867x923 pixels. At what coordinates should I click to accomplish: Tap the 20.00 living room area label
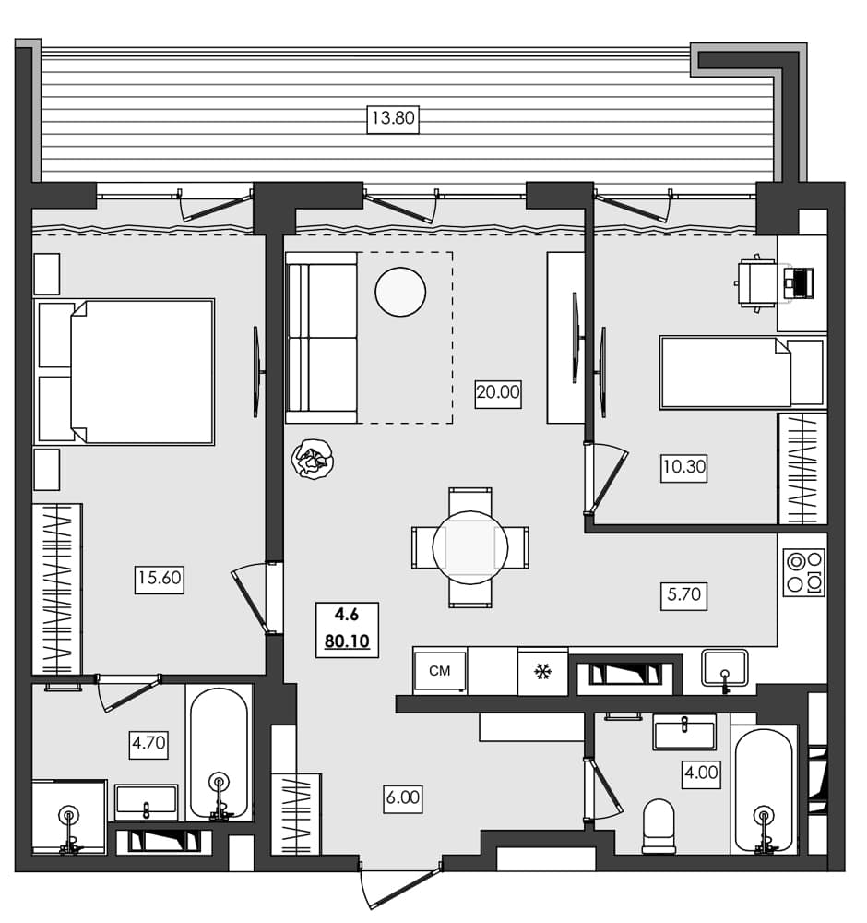click(498, 391)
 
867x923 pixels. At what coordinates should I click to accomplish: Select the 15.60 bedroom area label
click(160, 579)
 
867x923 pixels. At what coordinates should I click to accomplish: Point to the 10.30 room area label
click(683, 467)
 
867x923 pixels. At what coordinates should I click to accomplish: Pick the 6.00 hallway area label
click(402, 797)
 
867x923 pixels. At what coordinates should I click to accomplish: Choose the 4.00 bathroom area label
click(700, 772)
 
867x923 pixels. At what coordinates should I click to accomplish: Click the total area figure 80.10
click(347, 641)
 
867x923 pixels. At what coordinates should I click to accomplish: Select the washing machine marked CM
click(440, 671)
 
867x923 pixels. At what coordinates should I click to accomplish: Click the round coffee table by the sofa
click(400, 292)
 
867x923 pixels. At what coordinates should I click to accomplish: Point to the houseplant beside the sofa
click(312, 460)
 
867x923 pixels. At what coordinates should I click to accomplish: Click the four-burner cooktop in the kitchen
click(803, 572)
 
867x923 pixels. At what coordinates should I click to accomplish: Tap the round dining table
click(469, 546)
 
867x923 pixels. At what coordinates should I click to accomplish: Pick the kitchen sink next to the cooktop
click(725, 667)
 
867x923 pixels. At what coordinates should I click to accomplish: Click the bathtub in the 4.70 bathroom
click(219, 752)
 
